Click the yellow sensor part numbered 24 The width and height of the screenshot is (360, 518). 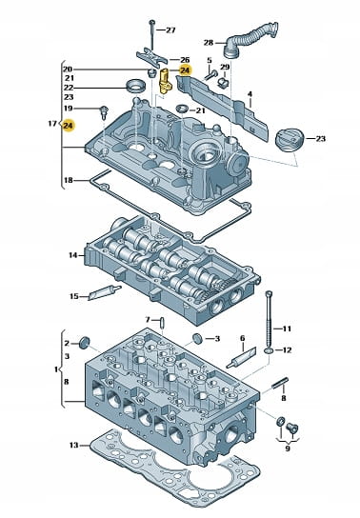coord(165,81)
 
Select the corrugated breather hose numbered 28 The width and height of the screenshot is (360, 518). coord(250,39)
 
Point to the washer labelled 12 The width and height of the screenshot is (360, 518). coord(269,349)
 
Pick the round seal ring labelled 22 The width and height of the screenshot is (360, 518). coord(135,87)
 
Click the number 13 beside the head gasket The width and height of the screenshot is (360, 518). coord(74,445)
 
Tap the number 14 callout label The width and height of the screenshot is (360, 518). coord(73,255)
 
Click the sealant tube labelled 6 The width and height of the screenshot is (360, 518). coord(242,358)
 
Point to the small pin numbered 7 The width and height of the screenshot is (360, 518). coord(162,323)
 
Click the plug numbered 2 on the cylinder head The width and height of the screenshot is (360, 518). coord(85,342)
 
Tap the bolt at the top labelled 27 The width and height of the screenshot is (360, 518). coord(152,35)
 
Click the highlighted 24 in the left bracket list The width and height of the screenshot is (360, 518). coord(69,126)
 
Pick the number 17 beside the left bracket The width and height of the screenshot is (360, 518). coord(52,124)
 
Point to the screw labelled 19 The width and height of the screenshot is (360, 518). coord(105,112)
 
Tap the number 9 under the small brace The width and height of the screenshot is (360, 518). coord(288,448)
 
